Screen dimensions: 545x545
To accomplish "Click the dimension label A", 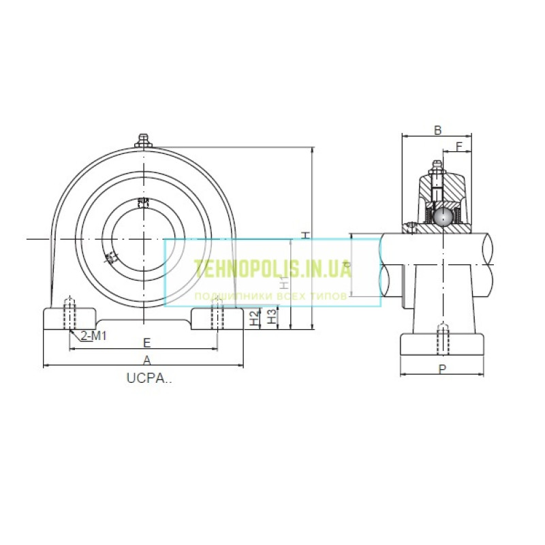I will [x=146, y=359].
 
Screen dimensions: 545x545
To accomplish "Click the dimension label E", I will [x=146, y=342].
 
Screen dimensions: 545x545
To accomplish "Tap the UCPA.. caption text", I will [x=149, y=379].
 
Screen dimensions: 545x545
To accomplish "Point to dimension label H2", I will [x=253, y=317].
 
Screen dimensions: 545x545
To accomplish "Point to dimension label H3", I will [x=271, y=317].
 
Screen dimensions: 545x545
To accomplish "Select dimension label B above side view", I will [x=438, y=129].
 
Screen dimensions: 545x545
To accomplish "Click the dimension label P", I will [x=442, y=369].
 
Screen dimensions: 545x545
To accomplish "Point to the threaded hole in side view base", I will [x=442, y=339].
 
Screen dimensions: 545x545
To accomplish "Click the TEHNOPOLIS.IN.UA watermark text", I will [x=272, y=269].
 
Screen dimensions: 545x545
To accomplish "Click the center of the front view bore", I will [x=144, y=238].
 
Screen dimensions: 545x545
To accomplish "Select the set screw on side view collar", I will [x=411, y=228].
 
